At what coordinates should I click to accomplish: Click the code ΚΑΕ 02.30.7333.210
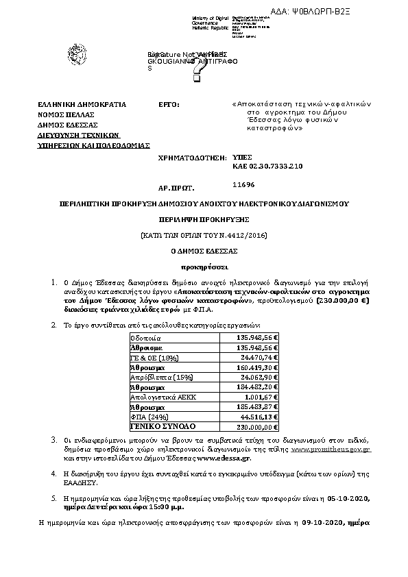click(x=266, y=167)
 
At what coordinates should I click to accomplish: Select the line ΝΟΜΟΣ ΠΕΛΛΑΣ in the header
click(x=66, y=114)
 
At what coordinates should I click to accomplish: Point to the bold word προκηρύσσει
click(x=204, y=266)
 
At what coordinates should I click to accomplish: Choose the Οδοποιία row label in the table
click(x=146, y=338)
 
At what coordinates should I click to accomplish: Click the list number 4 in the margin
click(x=55, y=473)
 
